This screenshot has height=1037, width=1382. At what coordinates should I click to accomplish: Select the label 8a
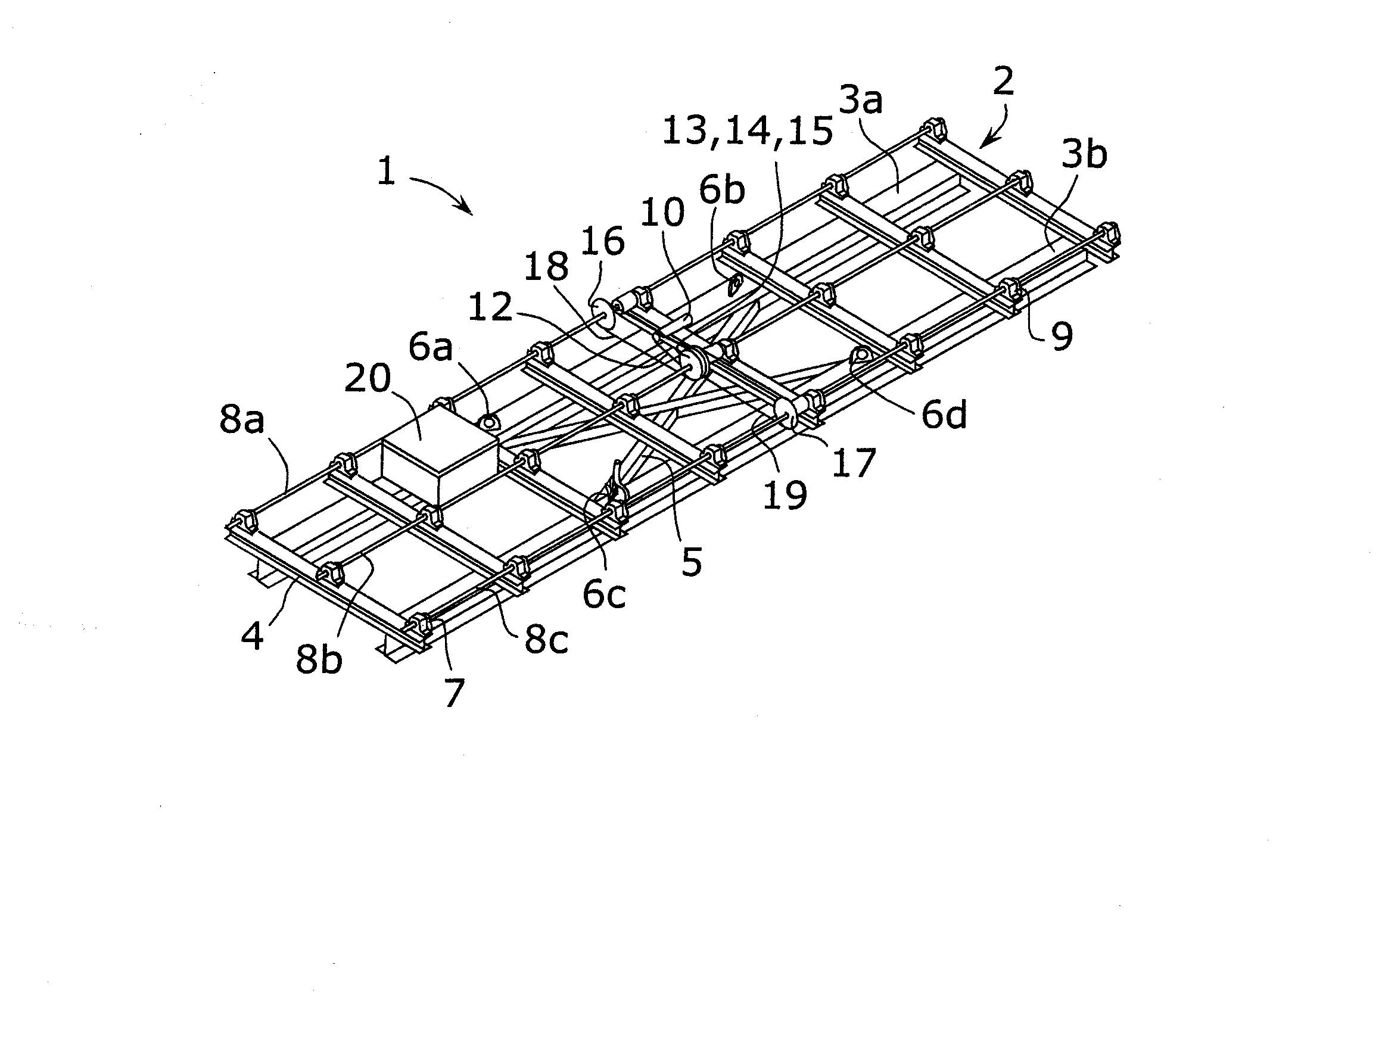[x=242, y=420]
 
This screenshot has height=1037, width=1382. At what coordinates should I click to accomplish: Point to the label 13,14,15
[x=748, y=132]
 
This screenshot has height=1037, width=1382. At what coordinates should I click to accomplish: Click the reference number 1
[x=387, y=170]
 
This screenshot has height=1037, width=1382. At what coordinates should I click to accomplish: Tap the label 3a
[x=860, y=101]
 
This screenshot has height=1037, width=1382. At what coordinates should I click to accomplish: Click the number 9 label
[x=1062, y=336]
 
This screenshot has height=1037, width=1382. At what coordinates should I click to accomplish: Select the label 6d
[x=945, y=414]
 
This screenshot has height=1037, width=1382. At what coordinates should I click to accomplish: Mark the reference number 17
[x=854, y=463]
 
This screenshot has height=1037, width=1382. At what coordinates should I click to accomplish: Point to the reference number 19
[x=785, y=496]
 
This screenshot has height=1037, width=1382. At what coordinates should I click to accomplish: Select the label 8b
[x=319, y=660]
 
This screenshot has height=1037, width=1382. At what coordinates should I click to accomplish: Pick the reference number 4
[x=253, y=637]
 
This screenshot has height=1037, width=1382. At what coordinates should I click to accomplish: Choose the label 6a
[x=431, y=347]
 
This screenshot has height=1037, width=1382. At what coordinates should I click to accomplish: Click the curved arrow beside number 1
[x=440, y=191]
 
